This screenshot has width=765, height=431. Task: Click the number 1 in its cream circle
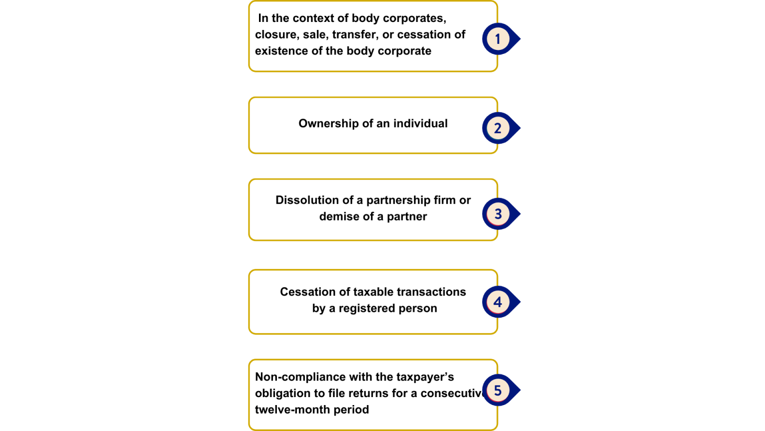point(497,39)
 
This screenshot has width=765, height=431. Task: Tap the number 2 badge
point(497,128)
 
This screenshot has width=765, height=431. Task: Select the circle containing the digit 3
point(497,214)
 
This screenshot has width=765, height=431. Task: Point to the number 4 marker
point(497,302)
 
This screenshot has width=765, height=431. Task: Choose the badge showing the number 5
point(497,390)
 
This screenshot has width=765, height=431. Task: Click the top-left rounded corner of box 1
point(251,3)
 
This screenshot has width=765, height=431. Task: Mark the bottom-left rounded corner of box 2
point(251,151)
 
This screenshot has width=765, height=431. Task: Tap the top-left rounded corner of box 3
point(251,181)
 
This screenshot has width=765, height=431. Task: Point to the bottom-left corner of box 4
point(251,331)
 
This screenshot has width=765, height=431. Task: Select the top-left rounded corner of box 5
point(251,362)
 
